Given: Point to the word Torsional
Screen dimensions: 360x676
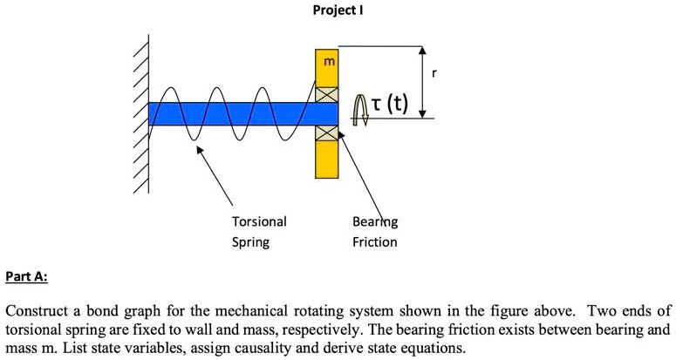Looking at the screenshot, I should coord(258,221).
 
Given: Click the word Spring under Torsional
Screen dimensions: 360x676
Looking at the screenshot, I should coord(250,241).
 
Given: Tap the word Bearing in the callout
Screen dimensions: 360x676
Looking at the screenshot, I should coord(374,221).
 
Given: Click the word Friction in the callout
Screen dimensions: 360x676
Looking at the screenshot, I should coord(374,241).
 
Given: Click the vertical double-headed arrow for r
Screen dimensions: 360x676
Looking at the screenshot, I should coord(423,81).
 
